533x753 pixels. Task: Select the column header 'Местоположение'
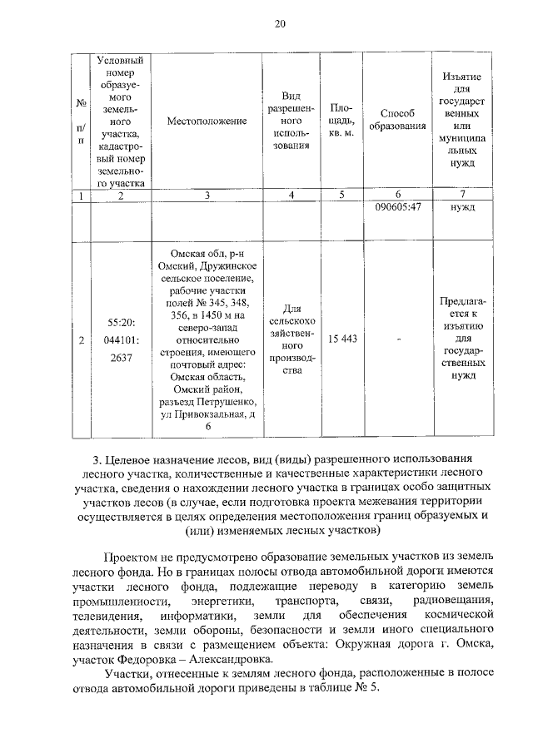click(x=207, y=121)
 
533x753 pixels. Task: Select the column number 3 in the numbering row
click(x=207, y=195)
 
